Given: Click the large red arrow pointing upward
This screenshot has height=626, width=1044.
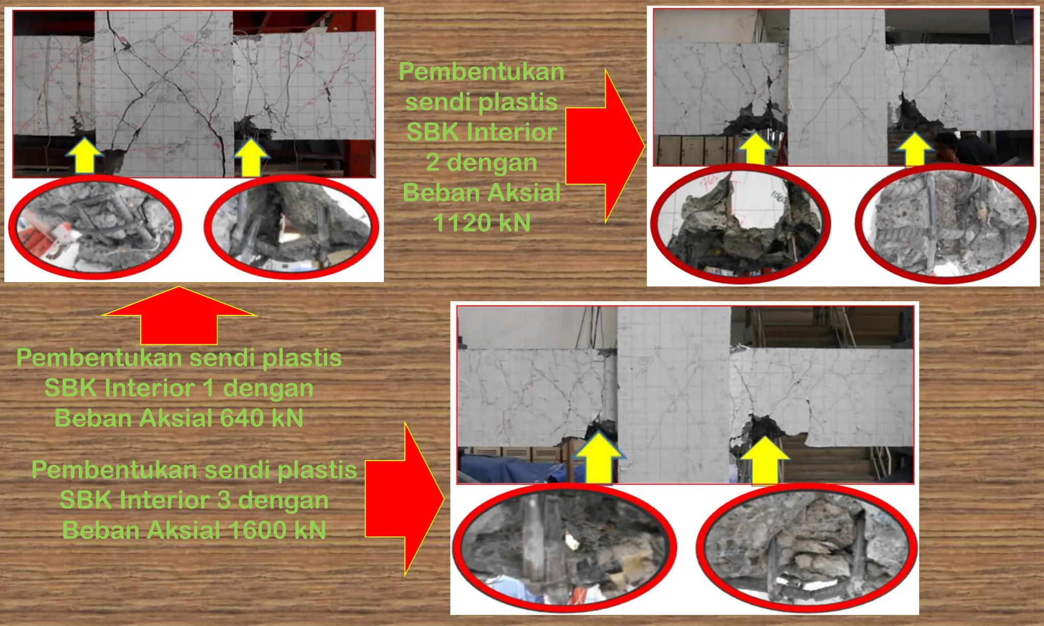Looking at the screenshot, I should (179, 316).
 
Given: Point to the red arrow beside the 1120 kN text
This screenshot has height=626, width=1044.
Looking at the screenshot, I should (604, 147).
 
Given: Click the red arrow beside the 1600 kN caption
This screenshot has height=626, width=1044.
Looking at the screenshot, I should (404, 499).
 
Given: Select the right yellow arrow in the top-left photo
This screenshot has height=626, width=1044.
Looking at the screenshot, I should (251, 157).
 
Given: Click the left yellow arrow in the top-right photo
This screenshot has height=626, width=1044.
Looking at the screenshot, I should (755, 149).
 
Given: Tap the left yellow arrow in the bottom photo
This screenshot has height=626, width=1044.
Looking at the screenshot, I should (599, 457).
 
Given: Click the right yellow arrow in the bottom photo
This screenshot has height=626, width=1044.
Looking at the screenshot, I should (765, 460).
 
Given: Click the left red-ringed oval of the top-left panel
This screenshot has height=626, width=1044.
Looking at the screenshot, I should (94, 227).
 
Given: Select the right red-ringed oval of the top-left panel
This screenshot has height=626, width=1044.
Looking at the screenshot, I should (292, 227).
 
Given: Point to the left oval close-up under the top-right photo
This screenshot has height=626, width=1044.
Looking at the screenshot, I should (740, 224).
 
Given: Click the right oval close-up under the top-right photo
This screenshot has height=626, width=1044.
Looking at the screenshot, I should (946, 224).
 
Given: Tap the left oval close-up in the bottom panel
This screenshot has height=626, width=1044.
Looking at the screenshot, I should (564, 548).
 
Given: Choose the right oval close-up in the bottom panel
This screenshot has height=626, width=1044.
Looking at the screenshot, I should (806, 548).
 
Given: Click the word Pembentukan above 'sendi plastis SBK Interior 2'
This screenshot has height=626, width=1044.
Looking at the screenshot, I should (481, 72).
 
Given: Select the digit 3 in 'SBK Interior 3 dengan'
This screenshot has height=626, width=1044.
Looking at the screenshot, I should (224, 500).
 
